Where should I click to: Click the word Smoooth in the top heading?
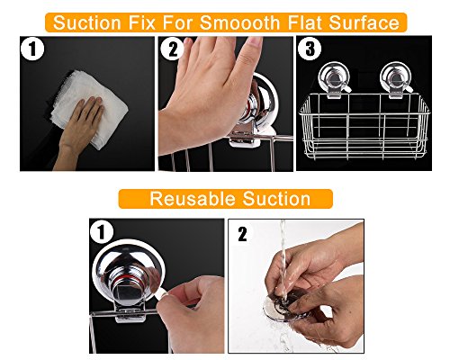point(239,22)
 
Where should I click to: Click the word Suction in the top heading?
point(87,22)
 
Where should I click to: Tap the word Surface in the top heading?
point(364,22)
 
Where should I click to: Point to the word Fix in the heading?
point(142,22)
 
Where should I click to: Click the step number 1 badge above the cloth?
point(32,49)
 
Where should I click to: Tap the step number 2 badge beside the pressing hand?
point(172,49)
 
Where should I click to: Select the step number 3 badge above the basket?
point(310,48)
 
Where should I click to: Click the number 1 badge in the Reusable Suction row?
point(102,232)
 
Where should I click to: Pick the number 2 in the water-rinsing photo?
point(242,234)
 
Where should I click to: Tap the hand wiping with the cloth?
point(78,132)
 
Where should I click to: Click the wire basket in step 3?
point(364,127)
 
